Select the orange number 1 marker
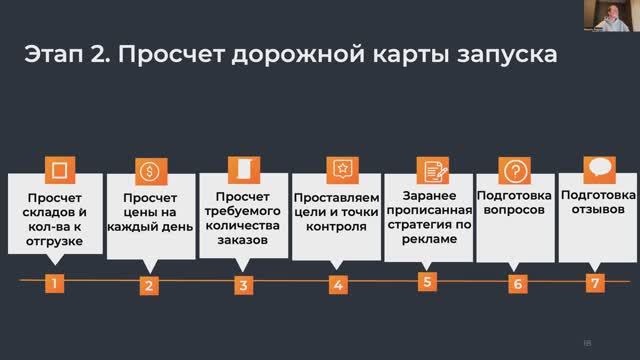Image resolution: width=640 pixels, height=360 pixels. [x=55, y=283]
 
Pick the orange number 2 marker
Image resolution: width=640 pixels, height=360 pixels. [x=148, y=285]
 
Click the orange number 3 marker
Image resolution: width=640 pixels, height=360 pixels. [x=242, y=285]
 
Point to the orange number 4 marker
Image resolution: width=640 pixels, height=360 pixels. [x=337, y=285]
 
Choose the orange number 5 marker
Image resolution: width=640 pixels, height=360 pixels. [x=427, y=281]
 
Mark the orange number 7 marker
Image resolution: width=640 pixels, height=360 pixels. [x=595, y=283]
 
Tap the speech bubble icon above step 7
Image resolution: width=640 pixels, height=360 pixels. [x=599, y=166]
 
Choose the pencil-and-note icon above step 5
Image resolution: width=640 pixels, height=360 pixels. [x=431, y=169]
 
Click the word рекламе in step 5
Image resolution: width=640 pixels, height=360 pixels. [x=431, y=240]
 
